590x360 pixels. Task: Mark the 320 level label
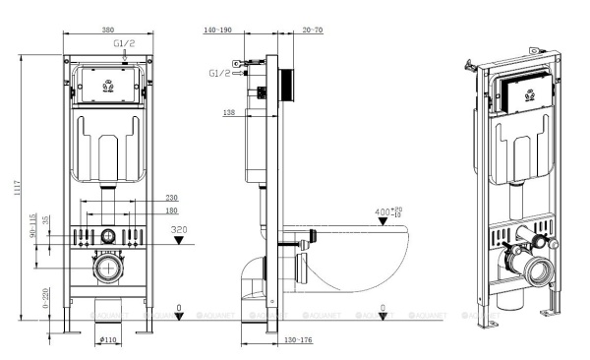(x=178, y=231)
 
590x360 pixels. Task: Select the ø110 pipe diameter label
(x=109, y=339)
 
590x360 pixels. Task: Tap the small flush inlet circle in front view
(x=107, y=236)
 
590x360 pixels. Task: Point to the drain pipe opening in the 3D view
(x=540, y=269)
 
